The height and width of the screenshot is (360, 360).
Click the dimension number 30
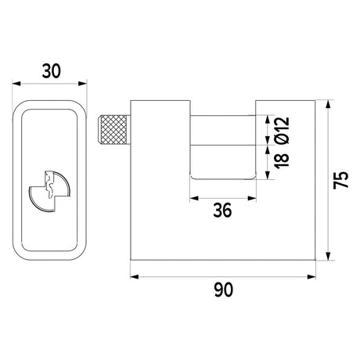pos(52,71)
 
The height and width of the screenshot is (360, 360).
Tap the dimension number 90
pos(223,290)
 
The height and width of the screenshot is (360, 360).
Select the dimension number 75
pos(341,180)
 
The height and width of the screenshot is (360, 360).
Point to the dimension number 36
pos(222,211)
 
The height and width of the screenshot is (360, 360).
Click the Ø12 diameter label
pos(283,131)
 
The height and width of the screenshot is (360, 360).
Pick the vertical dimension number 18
pos(282,160)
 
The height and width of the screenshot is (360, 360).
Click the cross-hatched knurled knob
pos(113,130)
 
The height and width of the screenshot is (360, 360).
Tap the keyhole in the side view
pos(49,191)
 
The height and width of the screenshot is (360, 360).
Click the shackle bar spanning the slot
pos(223,130)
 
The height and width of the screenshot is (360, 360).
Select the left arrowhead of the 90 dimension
pos(135,277)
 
